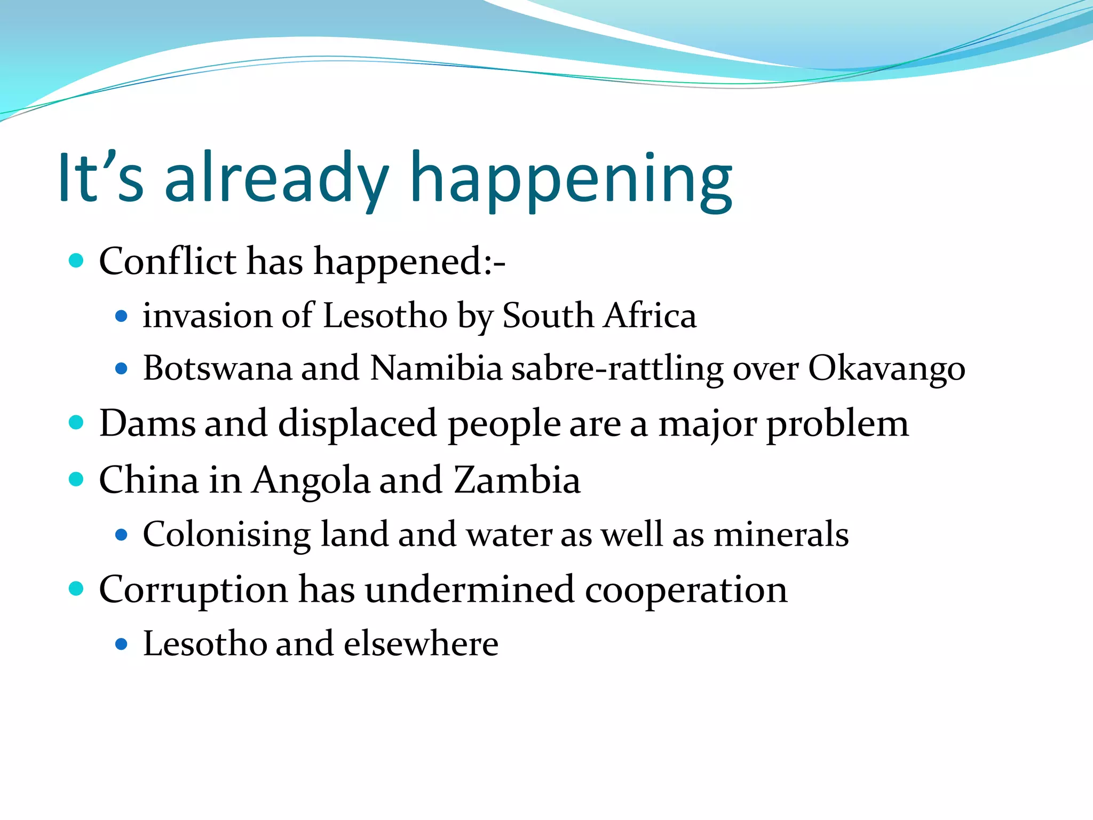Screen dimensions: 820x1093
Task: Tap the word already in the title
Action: [x=276, y=179]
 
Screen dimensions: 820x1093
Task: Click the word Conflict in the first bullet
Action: [x=168, y=262]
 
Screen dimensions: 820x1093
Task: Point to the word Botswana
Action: [x=217, y=368]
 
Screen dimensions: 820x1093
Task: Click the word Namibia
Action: [x=436, y=368]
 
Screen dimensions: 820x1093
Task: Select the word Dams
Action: [x=147, y=423]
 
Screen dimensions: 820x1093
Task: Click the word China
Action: [x=149, y=479]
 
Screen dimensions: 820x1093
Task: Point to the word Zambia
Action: [x=517, y=479]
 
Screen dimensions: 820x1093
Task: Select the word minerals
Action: [x=781, y=534]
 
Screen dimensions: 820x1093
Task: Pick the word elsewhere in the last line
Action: [x=421, y=643]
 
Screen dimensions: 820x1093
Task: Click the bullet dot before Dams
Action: [x=77, y=423]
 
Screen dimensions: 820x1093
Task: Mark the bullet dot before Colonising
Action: [x=122, y=534]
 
